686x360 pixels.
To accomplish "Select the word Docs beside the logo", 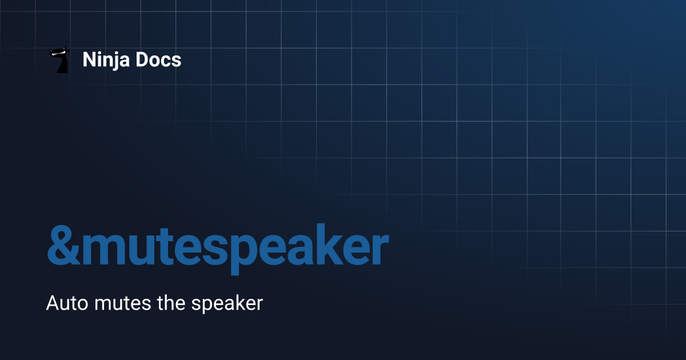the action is tap(158, 59).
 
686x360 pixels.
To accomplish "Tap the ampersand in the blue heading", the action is tap(64, 245).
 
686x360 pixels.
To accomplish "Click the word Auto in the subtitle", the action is tap(67, 303).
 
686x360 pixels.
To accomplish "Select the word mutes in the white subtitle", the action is tap(122, 303).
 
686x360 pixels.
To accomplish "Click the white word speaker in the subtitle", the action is tap(228, 304).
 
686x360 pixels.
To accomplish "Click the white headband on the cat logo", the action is tap(58, 54).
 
